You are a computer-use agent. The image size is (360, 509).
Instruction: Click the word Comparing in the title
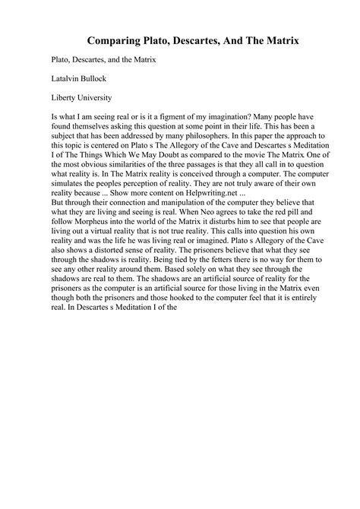116,37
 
